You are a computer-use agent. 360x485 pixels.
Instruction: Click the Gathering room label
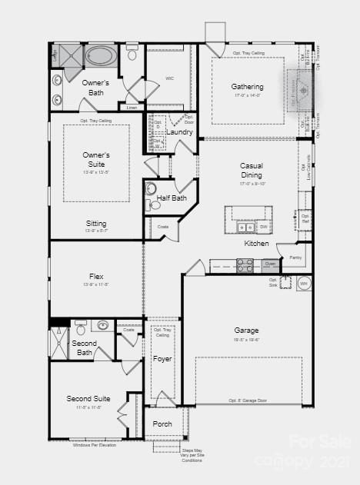click(247, 87)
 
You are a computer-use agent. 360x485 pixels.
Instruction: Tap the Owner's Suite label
click(96, 159)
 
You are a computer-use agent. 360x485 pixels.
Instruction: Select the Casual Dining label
click(251, 170)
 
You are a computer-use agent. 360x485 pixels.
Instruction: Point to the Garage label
click(246, 331)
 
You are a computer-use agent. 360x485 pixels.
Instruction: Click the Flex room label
click(96, 277)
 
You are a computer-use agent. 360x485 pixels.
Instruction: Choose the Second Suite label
click(88, 399)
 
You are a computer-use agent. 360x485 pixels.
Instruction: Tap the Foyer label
click(162, 359)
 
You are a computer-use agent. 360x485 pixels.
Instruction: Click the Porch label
click(162, 424)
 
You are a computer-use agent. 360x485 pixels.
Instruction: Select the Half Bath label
click(172, 198)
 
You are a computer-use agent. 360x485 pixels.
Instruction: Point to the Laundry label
click(179, 132)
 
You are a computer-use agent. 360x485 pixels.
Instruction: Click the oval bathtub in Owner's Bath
click(101, 56)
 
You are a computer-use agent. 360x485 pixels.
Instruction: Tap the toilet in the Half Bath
click(152, 189)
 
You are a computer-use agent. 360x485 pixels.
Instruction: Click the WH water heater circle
click(303, 284)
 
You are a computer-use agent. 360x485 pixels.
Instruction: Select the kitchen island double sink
click(246, 228)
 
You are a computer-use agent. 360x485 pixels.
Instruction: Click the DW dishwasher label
click(263, 228)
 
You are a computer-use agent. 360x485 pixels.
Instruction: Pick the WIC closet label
click(170, 78)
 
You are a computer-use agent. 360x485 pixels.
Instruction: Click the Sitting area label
click(96, 224)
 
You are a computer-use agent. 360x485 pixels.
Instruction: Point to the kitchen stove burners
click(245, 265)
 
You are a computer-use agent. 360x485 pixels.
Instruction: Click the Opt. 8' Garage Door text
click(248, 400)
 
